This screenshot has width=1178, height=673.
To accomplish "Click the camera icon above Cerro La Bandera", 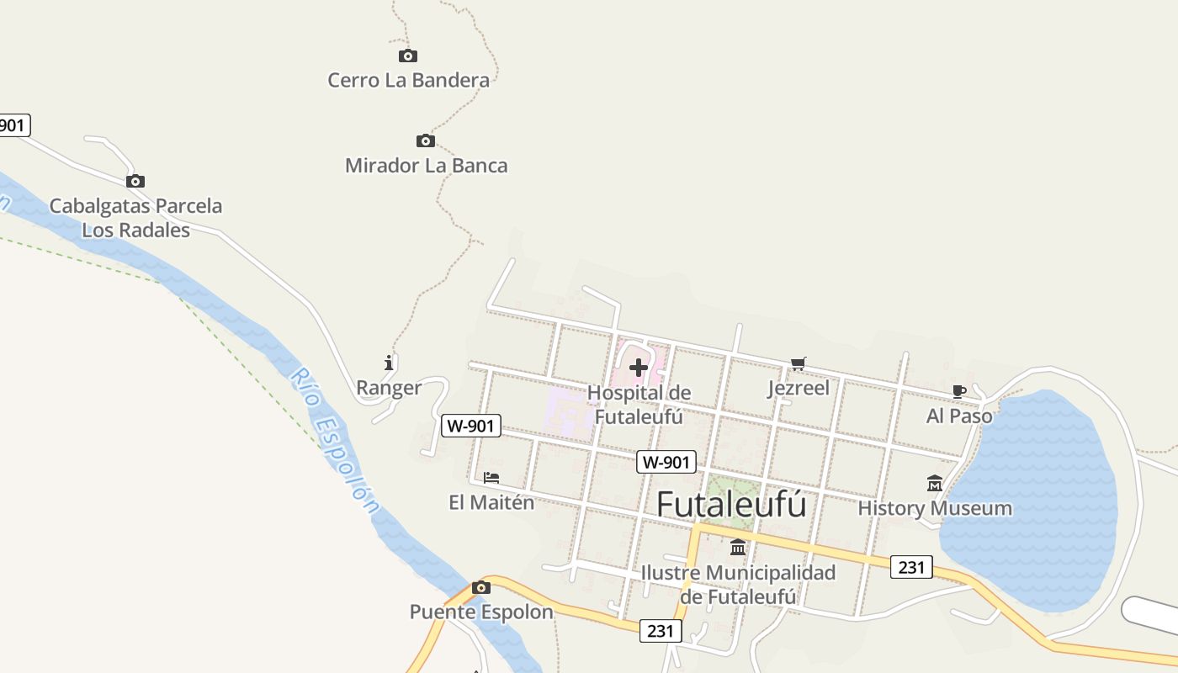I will pos(408,56).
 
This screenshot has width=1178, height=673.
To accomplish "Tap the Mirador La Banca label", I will pos(427,165).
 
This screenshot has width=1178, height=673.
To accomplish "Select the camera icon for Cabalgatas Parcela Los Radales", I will pos(135,182).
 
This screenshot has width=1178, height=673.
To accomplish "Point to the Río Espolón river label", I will pos(334,442).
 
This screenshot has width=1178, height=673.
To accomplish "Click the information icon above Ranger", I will pos(389,363).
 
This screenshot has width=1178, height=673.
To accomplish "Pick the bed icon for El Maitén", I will pos(491,478).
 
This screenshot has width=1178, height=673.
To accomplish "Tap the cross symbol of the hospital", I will pos(639,368).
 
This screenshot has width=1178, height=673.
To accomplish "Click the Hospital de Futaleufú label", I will pos(639,405).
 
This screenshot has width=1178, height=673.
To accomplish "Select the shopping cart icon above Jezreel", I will pos(798,364).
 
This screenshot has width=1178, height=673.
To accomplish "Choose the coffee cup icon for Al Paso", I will pos(958,391).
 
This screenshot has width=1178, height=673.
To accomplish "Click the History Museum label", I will pos(935,508).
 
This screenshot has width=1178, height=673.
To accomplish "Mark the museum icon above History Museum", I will pos(935,484).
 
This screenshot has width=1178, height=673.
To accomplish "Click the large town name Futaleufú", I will pos(731,505).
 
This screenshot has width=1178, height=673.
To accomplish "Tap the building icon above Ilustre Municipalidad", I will pos(738,548).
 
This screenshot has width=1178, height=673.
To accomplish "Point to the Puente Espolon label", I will pos(481,612).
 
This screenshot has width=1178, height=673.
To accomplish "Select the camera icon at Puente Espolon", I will pos(481,588).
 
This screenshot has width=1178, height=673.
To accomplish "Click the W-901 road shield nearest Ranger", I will pos(471,426).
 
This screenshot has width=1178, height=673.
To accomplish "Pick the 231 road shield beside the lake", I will pos(911,567).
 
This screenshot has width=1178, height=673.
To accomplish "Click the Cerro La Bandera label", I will pos(408,81).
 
